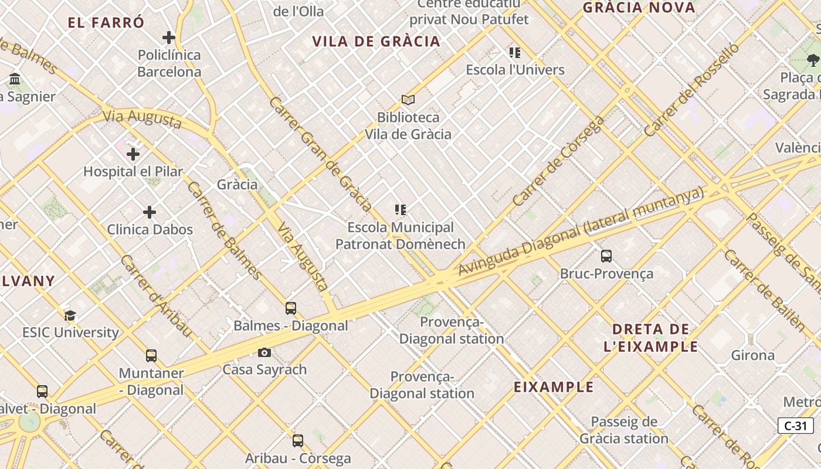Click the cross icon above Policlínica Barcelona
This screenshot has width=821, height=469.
(169, 38)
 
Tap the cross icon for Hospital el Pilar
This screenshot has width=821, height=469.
(133, 154)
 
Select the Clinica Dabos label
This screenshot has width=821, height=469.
(150, 229)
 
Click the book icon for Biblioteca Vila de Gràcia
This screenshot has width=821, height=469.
(408, 100)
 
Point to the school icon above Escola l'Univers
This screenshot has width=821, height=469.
(515, 53)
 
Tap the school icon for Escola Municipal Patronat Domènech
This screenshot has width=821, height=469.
(401, 210)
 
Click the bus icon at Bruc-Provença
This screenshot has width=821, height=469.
(606, 256)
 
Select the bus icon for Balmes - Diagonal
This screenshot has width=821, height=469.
(291, 308)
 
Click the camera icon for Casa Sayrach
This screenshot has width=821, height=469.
(264, 352)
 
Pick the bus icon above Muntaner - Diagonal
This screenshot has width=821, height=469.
(151, 356)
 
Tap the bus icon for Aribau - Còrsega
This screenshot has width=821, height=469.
(298, 441)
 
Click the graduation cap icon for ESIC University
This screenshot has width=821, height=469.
(70, 316)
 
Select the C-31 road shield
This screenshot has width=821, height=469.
(795, 426)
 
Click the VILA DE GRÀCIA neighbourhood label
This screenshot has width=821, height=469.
(376, 42)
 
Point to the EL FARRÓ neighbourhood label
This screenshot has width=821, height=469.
(106, 23)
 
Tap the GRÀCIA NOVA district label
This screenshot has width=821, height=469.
(639, 8)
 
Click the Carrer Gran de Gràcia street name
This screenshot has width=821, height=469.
(320, 154)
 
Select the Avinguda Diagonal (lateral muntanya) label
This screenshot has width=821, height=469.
(580, 231)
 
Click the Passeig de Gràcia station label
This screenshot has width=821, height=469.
(624, 430)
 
